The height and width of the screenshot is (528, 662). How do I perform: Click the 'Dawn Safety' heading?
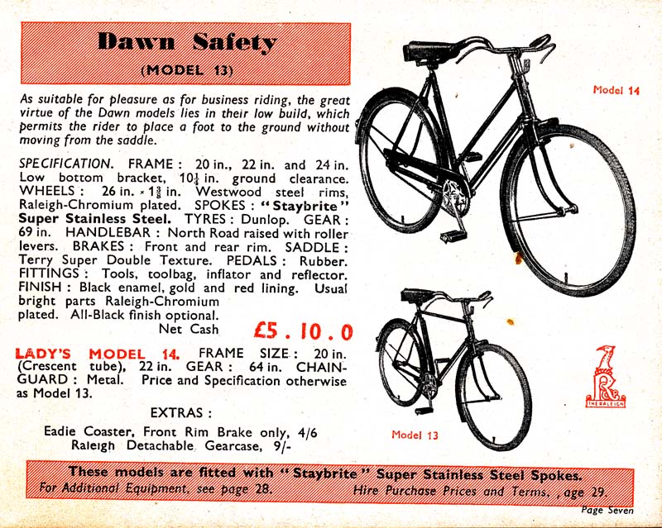[x=187, y=41]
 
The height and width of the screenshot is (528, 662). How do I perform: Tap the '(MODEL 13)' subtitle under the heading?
[x=186, y=68]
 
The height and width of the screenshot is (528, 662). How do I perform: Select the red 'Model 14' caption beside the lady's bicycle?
[x=616, y=91]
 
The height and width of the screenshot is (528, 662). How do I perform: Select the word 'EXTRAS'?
[x=176, y=411]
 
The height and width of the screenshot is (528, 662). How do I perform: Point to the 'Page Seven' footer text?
[x=607, y=511]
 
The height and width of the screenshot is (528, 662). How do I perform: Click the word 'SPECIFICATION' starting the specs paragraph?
[x=65, y=164]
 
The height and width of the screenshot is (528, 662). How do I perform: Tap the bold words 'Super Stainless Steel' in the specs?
[x=94, y=219]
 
